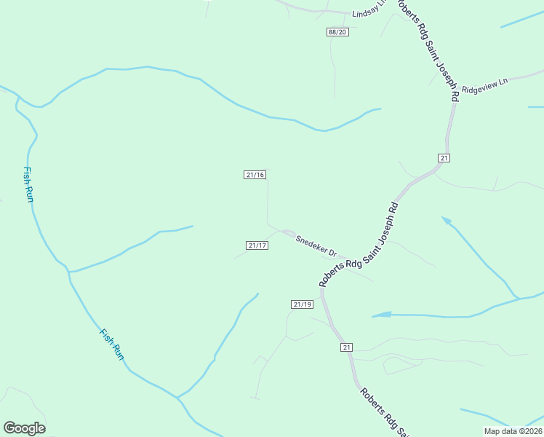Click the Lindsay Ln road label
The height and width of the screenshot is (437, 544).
coord(367,14)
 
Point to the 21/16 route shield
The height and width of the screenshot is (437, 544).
coord(255,175)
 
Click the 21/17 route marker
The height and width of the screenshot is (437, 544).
coord(257,245)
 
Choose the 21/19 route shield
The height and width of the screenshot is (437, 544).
coord(302,304)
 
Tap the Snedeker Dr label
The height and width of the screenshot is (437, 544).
coord(316,245)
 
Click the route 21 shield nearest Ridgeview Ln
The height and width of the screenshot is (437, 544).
coord(444,158)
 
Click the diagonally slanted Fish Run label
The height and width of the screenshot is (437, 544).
coord(112,344)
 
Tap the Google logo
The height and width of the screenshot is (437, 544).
coord(24,428)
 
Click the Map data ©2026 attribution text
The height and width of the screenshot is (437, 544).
coord(513,431)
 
